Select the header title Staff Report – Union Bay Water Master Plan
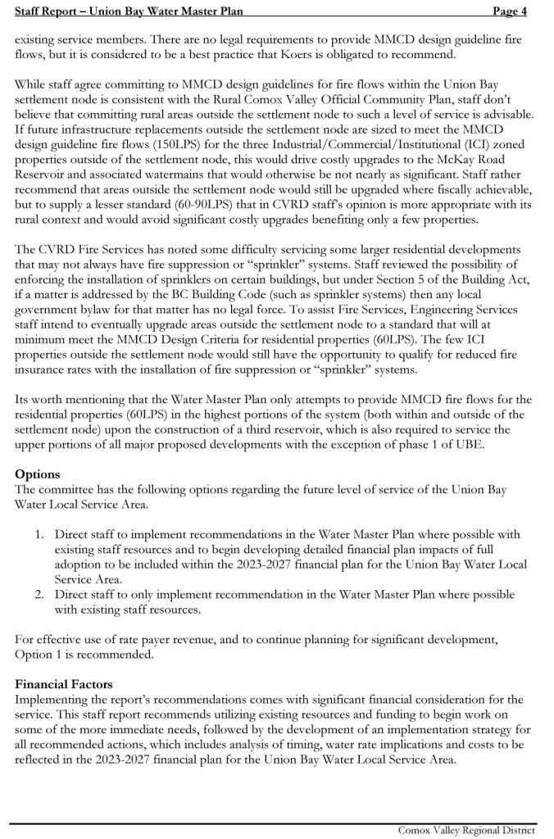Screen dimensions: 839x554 click(x=129, y=10)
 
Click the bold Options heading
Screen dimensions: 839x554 click(x=37, y=475)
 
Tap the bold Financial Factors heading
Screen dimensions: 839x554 click(x=64, y=684)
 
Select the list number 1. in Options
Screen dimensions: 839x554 click(x=39, y=534)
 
